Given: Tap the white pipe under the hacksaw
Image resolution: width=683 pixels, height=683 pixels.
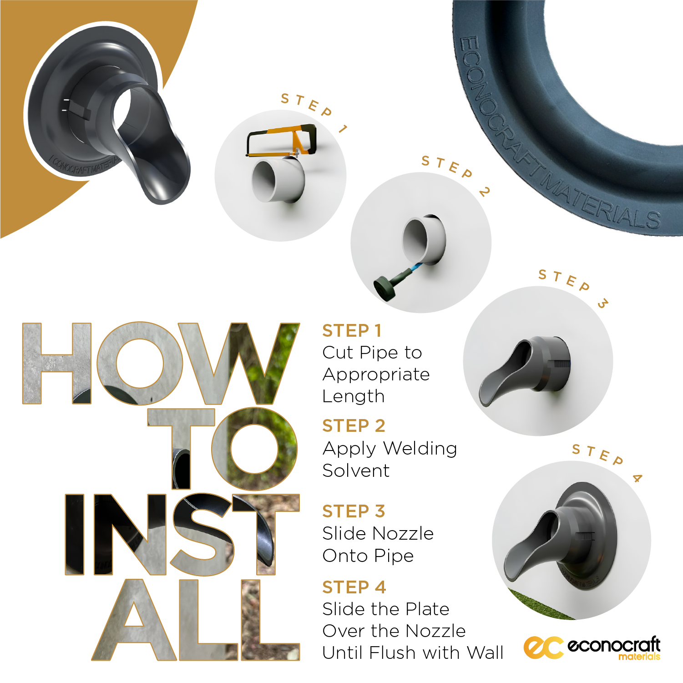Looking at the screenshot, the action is pyautogui.click(x=278, y=180).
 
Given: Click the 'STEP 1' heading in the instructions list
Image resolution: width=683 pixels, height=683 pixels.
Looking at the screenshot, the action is pyautogui.click(x=352, y=331).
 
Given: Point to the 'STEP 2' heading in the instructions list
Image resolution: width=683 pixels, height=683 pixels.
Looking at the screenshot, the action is pyautogui.click(x=354, y=426).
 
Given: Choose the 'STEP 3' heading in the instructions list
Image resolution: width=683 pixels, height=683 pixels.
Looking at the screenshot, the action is pyautogui.click(x=354, y=511).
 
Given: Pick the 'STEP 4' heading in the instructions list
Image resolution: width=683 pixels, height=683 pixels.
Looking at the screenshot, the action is pyautogui.click(x=354, y=587).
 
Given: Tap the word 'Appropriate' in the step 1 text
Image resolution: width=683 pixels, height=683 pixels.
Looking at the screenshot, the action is pyautogui.click(x=376, y=375).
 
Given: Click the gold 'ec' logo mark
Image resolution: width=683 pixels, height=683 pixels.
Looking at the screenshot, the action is pyautogui.click(x=543, y=647).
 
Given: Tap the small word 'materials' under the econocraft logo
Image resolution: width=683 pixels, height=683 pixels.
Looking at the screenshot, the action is pyautogui.click(x=639, y=657).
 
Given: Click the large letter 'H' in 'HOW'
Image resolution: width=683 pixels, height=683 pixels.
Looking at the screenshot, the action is pyautogui.click(x=57, y=364).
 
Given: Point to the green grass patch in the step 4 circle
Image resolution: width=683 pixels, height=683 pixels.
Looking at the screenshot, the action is pyautogui.click(x=539, y=605).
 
